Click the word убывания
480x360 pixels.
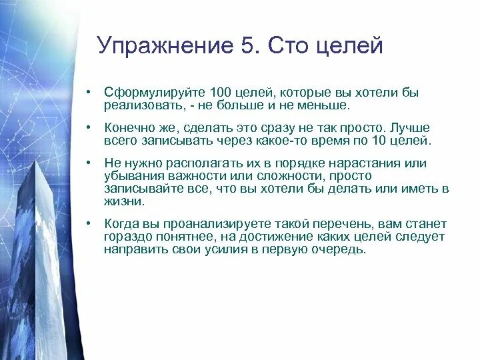pyautogui.click(x=133, y=176)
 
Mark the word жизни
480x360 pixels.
pyautogui.click(x=123, y=201)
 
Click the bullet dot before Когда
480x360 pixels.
pyautogui.click(x=88, y=225)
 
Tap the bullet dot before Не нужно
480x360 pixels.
pyautogui.click(x=88, y=164)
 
